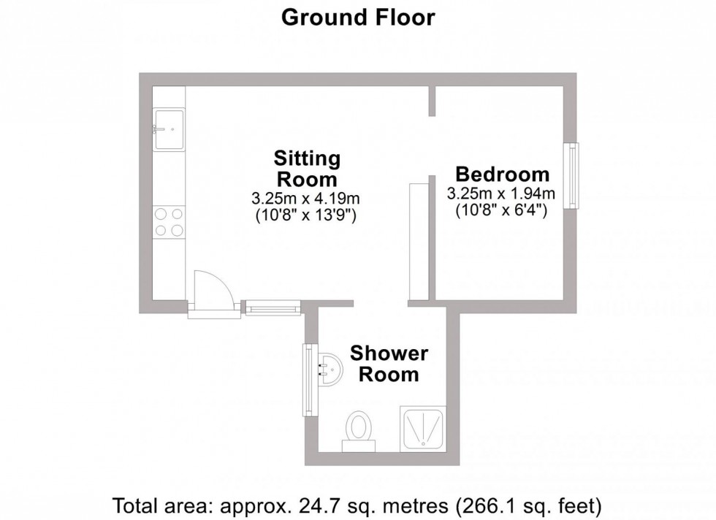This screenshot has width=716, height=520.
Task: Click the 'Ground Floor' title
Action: [358, 18]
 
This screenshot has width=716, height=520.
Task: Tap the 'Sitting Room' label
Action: [306, 169]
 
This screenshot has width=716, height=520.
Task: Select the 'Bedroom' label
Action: [502, 175]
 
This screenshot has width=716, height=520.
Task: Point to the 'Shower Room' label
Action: [389, 364]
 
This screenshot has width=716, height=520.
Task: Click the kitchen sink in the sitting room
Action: [169, 129]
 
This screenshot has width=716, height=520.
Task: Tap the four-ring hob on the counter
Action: [169, 222]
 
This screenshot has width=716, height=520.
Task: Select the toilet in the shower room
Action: [358, 428]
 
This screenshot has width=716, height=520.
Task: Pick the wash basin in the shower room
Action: [330, 370]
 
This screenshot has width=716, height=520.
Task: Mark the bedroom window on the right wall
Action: [574, 176]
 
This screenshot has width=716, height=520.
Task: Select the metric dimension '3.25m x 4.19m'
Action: [306, 198]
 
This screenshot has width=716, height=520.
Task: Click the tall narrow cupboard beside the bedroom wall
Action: [419, 241]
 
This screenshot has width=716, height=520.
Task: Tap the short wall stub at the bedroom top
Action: [432, 101]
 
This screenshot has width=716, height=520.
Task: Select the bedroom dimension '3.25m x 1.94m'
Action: [502, 194]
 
